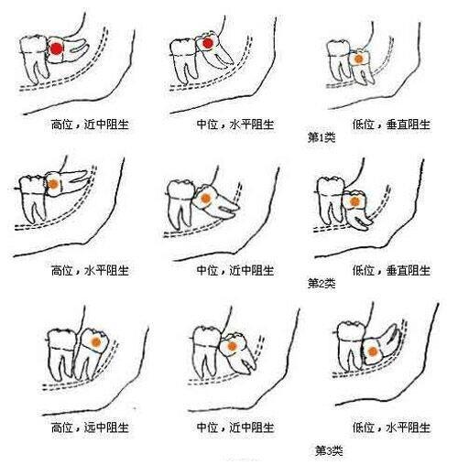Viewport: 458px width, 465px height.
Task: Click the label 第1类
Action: click(322, 137)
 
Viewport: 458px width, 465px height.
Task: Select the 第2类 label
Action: click(322, 284)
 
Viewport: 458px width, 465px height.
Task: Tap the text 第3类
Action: click(329, 450)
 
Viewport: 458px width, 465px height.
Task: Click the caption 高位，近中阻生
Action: click(90, 124)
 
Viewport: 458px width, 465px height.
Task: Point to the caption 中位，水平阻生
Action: click(235, 124)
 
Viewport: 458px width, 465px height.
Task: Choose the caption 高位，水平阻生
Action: click(90, 271)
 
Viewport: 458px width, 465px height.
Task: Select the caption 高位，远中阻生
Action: click(90, 427)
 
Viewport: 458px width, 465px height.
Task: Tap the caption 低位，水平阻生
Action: click(391, 427)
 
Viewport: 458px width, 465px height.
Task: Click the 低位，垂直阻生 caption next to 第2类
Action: click(391, 271)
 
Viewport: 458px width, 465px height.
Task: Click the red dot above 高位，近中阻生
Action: click(57, 49)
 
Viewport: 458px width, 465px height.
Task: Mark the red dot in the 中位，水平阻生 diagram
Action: click(208, 43)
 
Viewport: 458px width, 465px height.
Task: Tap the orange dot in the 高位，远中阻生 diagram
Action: click(96, 342)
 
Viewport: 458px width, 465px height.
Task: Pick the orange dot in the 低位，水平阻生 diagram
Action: click(373, 351)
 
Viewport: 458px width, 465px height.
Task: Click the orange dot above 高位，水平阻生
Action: click(53, 184)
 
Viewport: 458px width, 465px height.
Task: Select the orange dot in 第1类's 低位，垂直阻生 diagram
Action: click(359, 59)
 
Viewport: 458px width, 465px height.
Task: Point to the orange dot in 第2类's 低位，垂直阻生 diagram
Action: click(354, 201)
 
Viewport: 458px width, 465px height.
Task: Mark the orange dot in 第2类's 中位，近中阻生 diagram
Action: click(205, 199)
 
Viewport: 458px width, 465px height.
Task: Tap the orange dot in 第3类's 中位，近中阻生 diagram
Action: click(232, 346)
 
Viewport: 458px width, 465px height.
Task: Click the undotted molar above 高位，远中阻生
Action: click(61, 354)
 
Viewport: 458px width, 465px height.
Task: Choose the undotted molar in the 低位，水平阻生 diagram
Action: click(351, 345)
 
